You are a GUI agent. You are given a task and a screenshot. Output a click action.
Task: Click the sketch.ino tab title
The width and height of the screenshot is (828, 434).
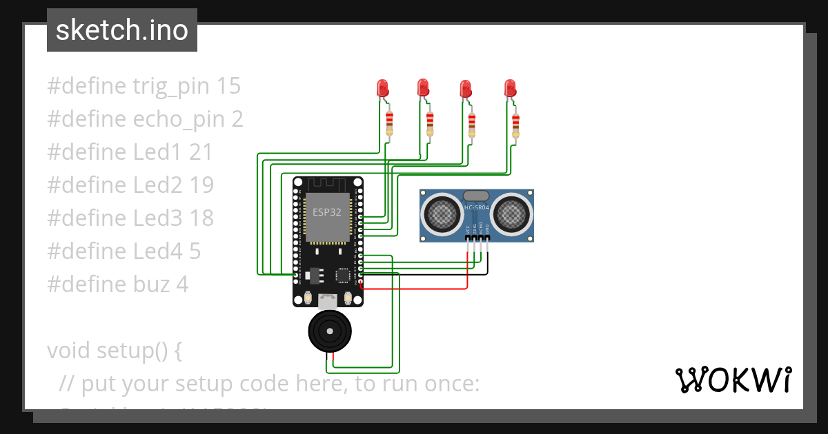click(x=122, y=30)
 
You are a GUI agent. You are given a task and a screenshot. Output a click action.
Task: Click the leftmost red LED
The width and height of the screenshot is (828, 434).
click(x=382, y=87)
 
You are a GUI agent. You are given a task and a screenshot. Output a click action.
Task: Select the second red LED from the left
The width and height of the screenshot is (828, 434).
click(x=423, y=87)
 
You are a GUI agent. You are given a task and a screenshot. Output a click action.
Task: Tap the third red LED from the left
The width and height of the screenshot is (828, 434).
click(x=466, y=88)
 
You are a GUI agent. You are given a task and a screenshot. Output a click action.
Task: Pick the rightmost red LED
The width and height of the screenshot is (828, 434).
click(x=510, y=87)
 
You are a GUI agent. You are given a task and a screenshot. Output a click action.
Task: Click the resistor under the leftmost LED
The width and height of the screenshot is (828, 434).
click(x=390, y=124)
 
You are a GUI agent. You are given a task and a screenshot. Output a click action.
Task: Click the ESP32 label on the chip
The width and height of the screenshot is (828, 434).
click(x=327, y=212)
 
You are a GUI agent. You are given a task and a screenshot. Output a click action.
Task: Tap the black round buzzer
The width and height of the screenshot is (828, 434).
click(x=328, y=331)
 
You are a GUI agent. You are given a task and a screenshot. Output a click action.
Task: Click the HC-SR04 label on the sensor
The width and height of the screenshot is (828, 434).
click(x=477, y=208)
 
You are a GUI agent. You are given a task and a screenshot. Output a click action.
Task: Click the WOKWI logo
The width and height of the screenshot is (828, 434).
click(x=733, y=380)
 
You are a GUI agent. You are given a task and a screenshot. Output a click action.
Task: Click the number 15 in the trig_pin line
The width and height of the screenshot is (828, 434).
click(x=228, y=86)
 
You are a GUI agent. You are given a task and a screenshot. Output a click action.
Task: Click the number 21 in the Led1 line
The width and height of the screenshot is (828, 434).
click(x=201, y=152)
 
